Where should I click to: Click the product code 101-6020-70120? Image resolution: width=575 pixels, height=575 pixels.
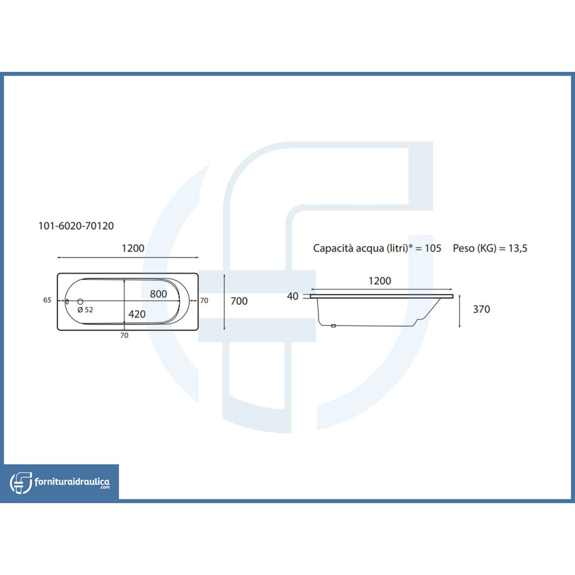(76, 226)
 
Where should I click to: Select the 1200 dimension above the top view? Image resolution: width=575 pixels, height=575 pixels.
(132, 248)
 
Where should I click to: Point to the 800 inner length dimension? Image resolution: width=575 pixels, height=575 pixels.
(158, 294)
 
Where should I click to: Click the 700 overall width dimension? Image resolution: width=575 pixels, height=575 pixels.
(238, 301)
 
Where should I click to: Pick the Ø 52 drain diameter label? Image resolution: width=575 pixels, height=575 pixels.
(85, 310)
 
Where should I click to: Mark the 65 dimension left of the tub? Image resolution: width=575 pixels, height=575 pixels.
(47, 300)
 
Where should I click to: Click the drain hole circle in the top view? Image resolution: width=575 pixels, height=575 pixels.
(79, 301)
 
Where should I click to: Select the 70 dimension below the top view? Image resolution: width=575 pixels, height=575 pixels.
(124, 335)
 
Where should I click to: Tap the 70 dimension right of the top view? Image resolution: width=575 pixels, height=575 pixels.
(204, 301)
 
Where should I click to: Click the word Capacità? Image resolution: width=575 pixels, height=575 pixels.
(334, 248)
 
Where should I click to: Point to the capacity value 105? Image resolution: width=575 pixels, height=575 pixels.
(433, 248)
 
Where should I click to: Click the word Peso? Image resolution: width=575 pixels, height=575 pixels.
(464, 248)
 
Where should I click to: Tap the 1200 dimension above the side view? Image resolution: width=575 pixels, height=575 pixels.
(379, 280)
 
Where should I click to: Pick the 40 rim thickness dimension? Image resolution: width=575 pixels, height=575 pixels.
(293, 296)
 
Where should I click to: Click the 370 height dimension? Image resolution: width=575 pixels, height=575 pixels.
(481, 309)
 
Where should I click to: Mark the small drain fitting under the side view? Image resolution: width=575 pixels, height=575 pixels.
(334, 326)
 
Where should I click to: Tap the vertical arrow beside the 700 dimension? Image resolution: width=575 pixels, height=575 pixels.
(224, 301)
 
